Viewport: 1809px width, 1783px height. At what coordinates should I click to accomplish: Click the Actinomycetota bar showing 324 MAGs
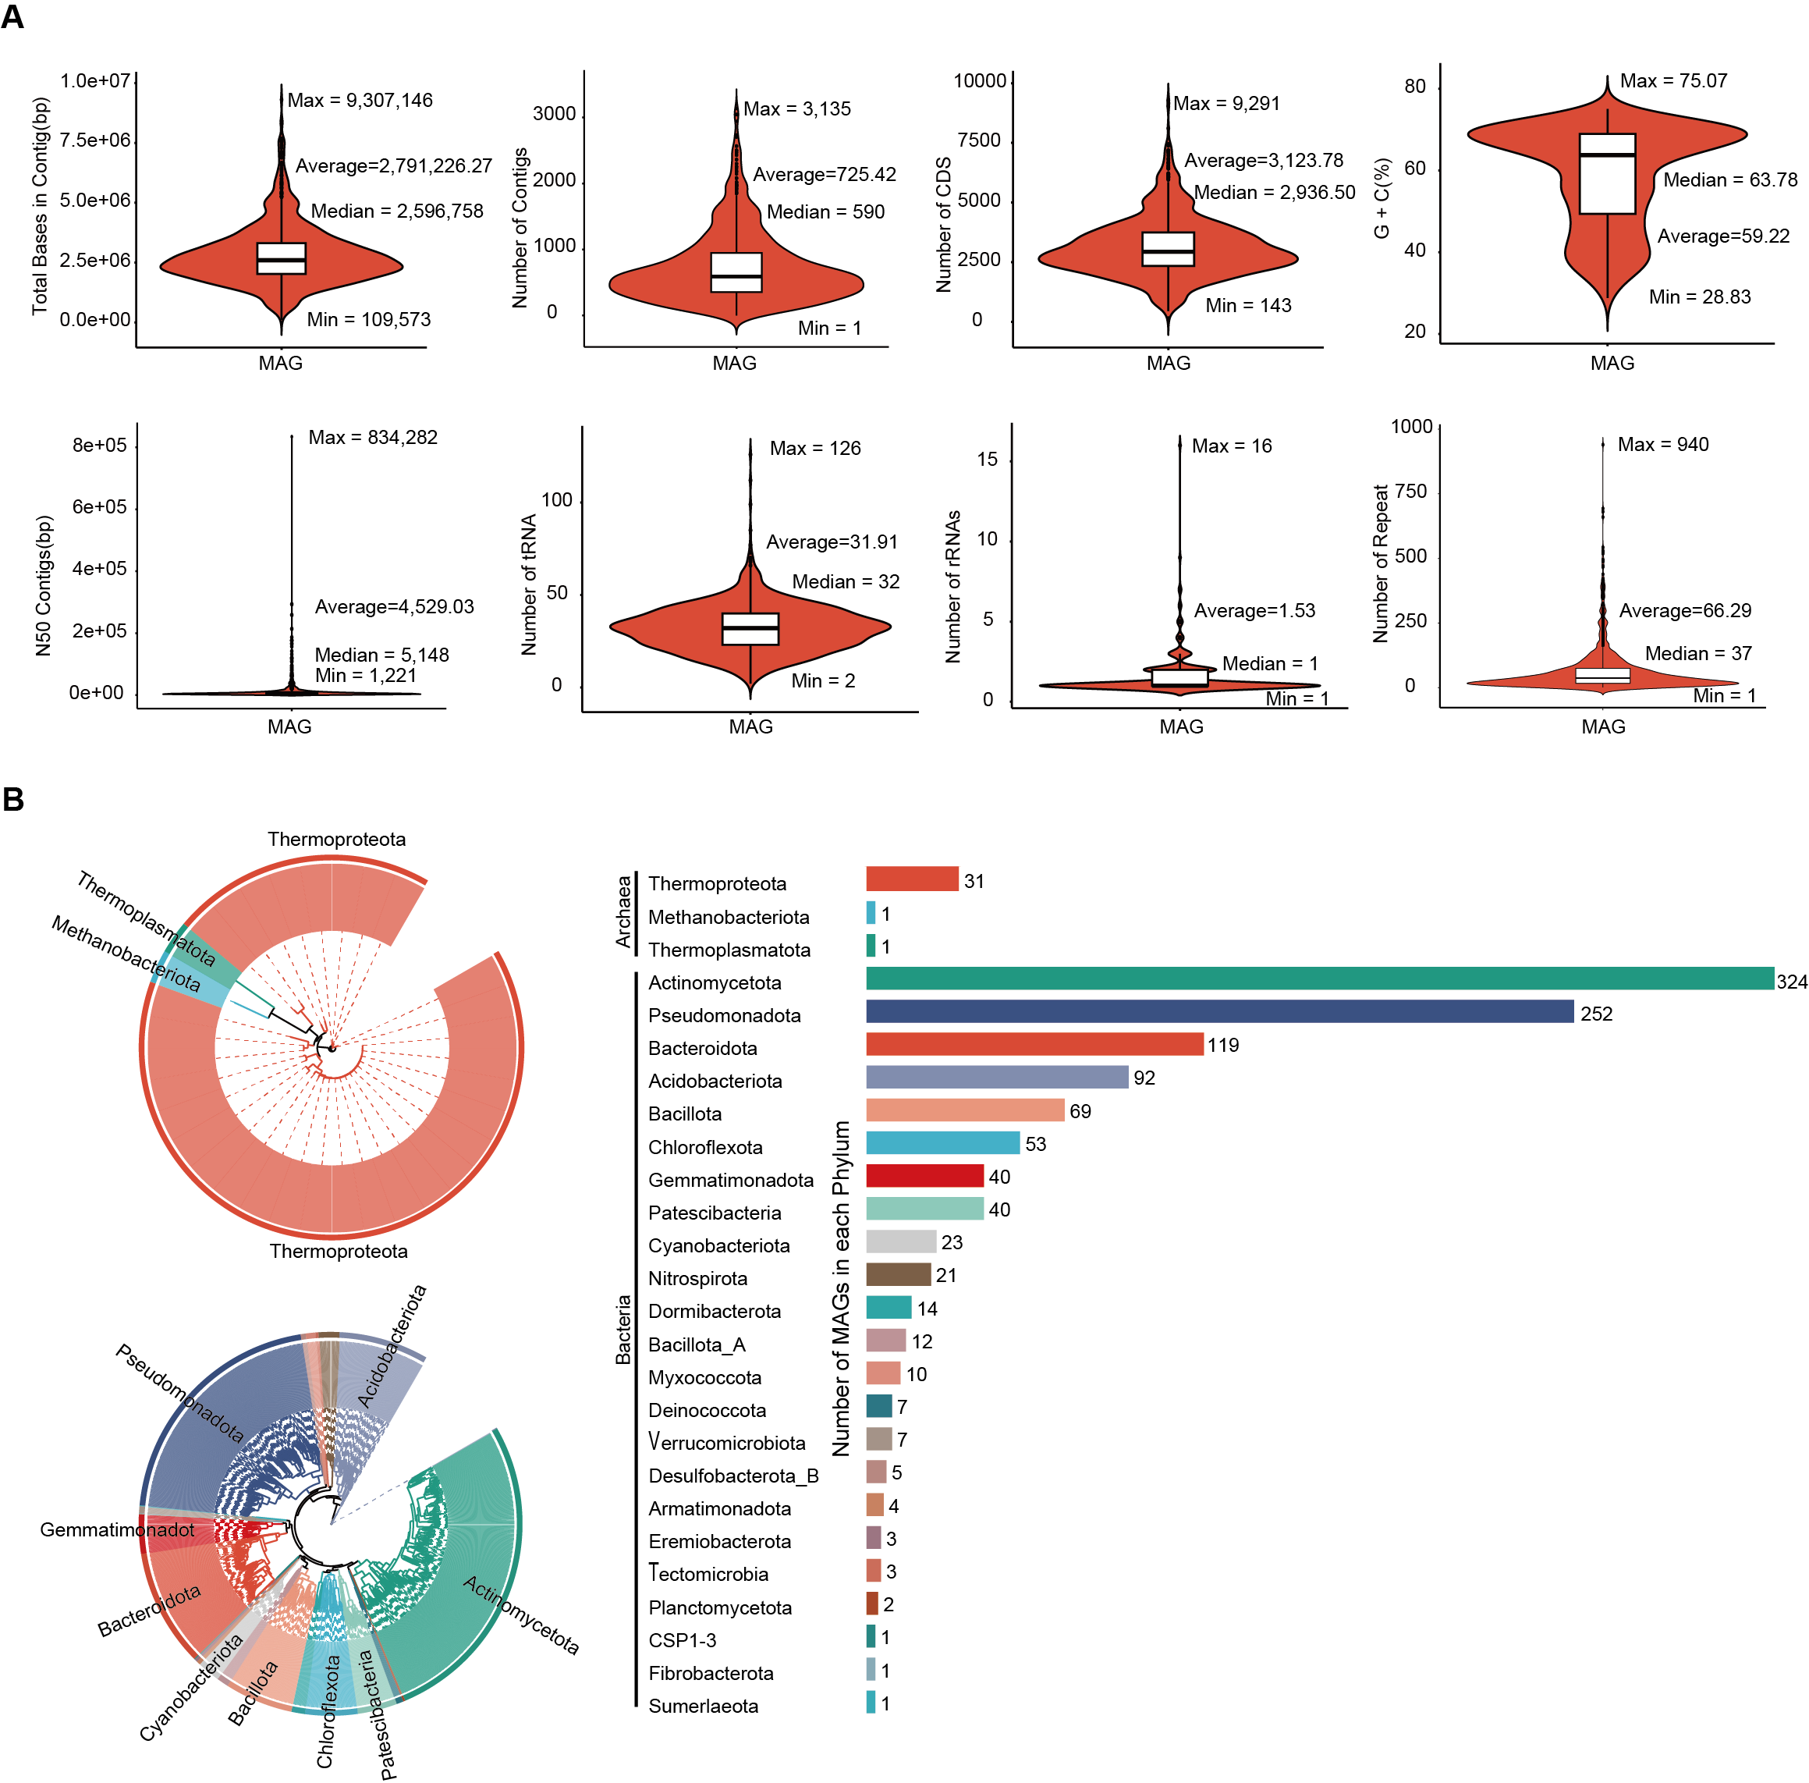point(1319,979)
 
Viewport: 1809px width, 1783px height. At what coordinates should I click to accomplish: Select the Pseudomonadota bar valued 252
point(1219,1011)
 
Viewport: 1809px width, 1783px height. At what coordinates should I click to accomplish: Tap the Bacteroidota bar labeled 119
point(1034,1044)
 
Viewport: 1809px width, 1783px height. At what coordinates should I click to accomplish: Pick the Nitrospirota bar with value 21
point(898,1274)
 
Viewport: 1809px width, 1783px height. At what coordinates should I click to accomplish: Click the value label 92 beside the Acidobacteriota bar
point(1144,1078)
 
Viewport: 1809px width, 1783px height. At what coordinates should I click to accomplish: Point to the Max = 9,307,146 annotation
point(360,100)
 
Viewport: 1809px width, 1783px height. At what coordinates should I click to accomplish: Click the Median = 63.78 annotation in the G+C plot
point(1729,179)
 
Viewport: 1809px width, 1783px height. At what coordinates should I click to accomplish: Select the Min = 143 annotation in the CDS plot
point(1247,305)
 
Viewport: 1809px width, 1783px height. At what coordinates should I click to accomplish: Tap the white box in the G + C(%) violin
point(1607,174)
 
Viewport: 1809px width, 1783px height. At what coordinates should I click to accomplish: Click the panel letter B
point(13,799)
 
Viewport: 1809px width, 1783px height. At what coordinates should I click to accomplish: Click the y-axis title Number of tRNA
point(529,584)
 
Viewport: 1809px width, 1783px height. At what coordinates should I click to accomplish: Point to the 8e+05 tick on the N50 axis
point(99,445)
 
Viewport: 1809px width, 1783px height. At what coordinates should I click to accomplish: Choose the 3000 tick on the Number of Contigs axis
point(555,114)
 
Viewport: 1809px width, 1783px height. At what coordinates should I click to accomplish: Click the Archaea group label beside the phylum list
point(623,911)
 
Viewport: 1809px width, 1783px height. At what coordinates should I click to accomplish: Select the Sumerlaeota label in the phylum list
point(703,1705)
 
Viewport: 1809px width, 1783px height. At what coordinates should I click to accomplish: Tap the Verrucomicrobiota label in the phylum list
point(726,1442)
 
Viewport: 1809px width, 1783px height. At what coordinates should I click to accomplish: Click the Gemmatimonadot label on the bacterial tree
point(117,1529)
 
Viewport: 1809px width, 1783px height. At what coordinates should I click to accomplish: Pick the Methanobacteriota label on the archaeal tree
point(126,954)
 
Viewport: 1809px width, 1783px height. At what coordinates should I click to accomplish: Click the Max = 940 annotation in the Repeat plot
point(1662,445)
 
